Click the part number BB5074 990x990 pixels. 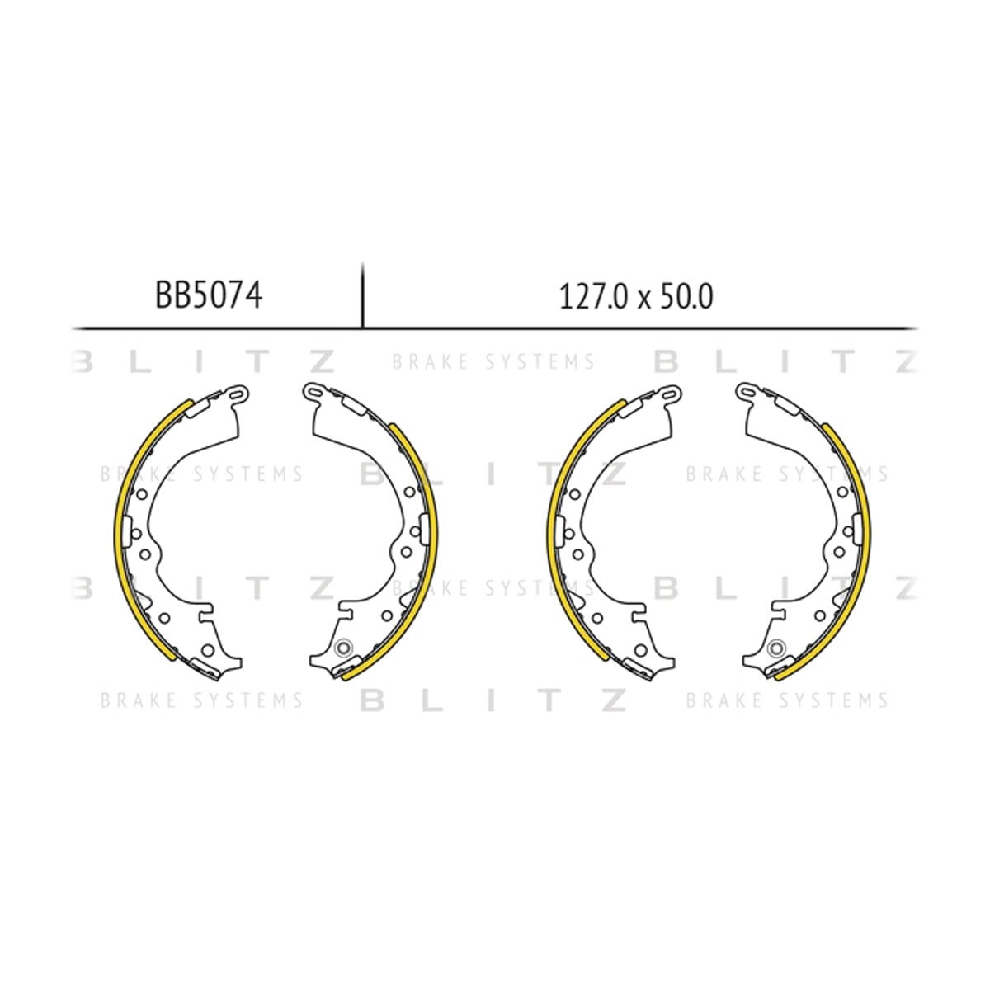pyautogui.click(x=209, y=295)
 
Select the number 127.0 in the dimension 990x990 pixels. pyautogui.click(x=593, y=298)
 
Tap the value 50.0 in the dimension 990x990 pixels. pyautogui.click(x=687, y=298)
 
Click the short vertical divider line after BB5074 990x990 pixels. pyautogui.click(x=363, y=295)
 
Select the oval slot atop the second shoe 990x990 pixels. pyautogui.click(x=313, y=393)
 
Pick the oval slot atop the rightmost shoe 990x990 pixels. pyautogui.click(x=746, y=393)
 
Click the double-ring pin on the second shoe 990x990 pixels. pyautogui.click(x=342, y=648)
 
